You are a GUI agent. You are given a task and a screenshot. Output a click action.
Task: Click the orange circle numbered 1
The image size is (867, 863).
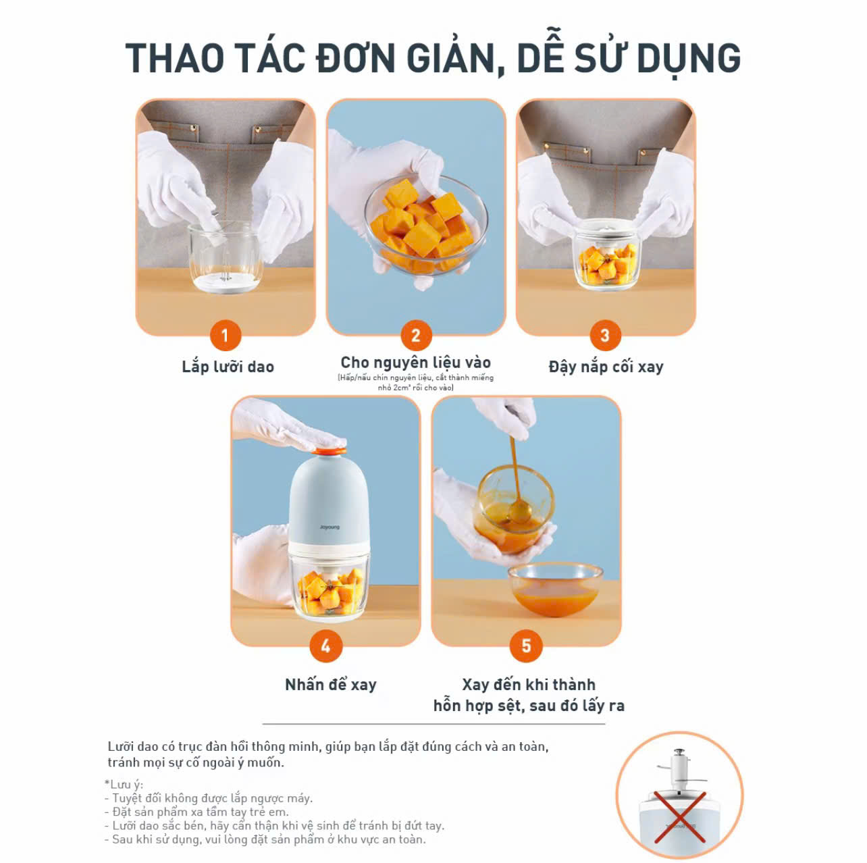[x=226, y=335]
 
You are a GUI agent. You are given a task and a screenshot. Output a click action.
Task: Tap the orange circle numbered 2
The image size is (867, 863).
[x=416, y=335]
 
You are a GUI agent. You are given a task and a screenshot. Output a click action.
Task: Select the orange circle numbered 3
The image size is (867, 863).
[x=605, y=335]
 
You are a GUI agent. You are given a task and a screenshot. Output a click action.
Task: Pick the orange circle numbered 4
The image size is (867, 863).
[x=325, y=646]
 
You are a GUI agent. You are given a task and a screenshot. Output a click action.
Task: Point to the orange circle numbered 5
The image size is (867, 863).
[x=526, y=646]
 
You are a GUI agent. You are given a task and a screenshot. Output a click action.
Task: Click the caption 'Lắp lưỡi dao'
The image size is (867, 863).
[x=228, y=367]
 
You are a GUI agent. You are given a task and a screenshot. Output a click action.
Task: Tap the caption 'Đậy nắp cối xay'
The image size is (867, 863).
[x=606, y=367]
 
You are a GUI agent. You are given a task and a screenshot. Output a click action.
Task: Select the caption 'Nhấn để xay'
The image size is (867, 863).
[x=331, y=684]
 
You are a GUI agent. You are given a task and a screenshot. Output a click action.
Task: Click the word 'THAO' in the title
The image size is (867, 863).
[x=175, y=58]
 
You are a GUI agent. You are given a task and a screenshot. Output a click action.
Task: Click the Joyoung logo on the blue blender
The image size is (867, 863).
[x=330, y=527]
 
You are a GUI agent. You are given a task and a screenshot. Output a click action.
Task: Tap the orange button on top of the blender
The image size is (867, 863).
[x=330, y=451]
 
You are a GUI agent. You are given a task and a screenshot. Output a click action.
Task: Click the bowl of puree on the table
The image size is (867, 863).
[x=555, y=590]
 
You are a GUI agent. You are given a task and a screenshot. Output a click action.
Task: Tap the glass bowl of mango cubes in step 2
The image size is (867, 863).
[x=426, y=224]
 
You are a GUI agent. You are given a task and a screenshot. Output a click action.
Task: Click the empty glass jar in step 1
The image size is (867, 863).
[x=225, y=257]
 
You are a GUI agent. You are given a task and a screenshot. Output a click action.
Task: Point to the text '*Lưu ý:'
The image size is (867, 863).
[x=124, y=784]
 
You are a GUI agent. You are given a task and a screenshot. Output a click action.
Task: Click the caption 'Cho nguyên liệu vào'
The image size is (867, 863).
[x=416, y=362]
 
